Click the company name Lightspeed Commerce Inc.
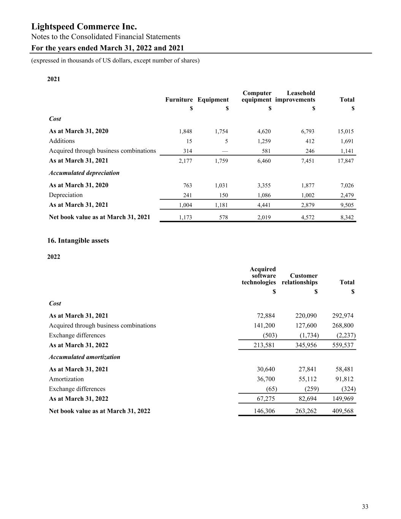pyautogui.click(x=84, y=27)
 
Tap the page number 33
pyautogui.click(x=365, y=506)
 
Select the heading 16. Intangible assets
pyautogui.click(x=78, y=241)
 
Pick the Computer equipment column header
pyautogui.click(x=257, y=96)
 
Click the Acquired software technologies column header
pyautogui.click(x=259, y=276)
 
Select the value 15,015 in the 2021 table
pyautogui.click(x=346, y=132)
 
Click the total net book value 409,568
pyautogui.click(x=343, y=411)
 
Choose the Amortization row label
pyautogui.click(x=66, y=379)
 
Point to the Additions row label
pyautogui.click(x=62, y=141)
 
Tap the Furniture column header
pyautogui.click(x=179, y=100)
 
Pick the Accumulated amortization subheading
pyautogui.click(x=84, y=357)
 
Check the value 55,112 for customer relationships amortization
pyautogui.click(x=306, y=379)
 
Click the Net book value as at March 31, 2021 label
pyautogui.click(x=100, y=217)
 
